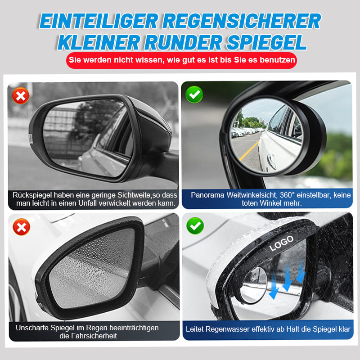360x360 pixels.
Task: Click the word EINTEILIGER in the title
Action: click(x=99, y=21)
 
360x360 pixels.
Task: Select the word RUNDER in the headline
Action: click(x=189, y=42)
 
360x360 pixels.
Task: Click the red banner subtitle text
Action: click(x=182, y=60)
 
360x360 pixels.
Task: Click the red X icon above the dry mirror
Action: click(x=21, y=95)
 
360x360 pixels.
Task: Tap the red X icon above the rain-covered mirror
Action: click(x=21, y=227)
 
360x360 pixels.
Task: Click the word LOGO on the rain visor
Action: click(x=281, y=243)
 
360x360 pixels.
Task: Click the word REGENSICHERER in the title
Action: click(x=243, y=21)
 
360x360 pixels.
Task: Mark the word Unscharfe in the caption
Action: click(x=32, y=328)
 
